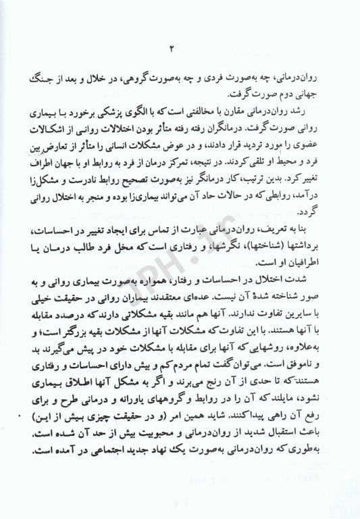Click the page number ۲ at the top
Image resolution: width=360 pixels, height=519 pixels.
(x=171, y=47)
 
